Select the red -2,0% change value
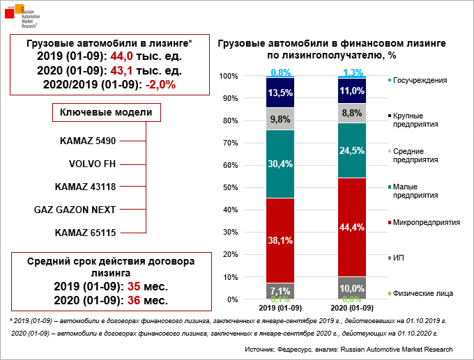(x=160, y=84)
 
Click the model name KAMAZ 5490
(x=87, y=141)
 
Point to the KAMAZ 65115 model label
(x=84, y=232)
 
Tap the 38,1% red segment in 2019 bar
(x=280, y=240)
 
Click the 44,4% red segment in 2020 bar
(x=353, y=227)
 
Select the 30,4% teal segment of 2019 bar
(x=280, y=164)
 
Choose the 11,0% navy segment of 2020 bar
(x=353, y=91)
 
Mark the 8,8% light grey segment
(x=353, y=113)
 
